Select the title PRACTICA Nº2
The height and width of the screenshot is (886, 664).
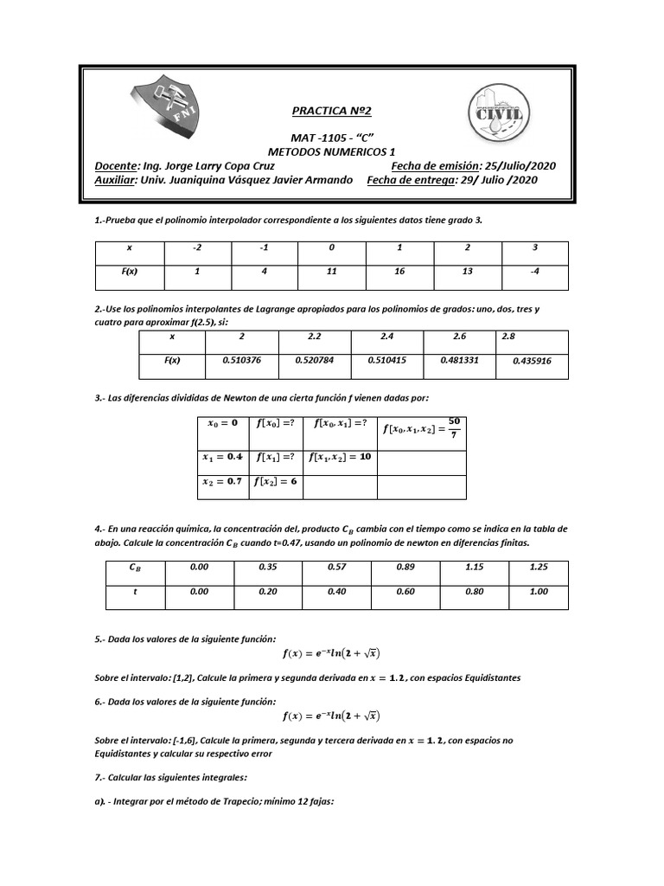pyautogui.click(x=331, y=112)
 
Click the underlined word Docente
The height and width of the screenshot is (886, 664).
pyautogui.click(x=116, y=166)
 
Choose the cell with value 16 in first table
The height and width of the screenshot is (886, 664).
pyautogui.click(x=399, y=272)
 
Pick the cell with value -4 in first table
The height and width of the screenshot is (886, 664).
pyautogui.click(x=535, y=272)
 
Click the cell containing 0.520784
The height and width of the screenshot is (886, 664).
pyautogui.click(x=316, y=360)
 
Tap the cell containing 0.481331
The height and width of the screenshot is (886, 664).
pyautogui.click(x=460, y=360)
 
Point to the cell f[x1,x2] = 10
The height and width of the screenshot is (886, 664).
pyautogui.click(x=339, y=457)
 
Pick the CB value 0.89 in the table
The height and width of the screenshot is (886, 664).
pyautogui.click(x=405, y=567)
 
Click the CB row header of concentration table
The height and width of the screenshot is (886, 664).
pyautogui.click(x=134, y=567)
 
